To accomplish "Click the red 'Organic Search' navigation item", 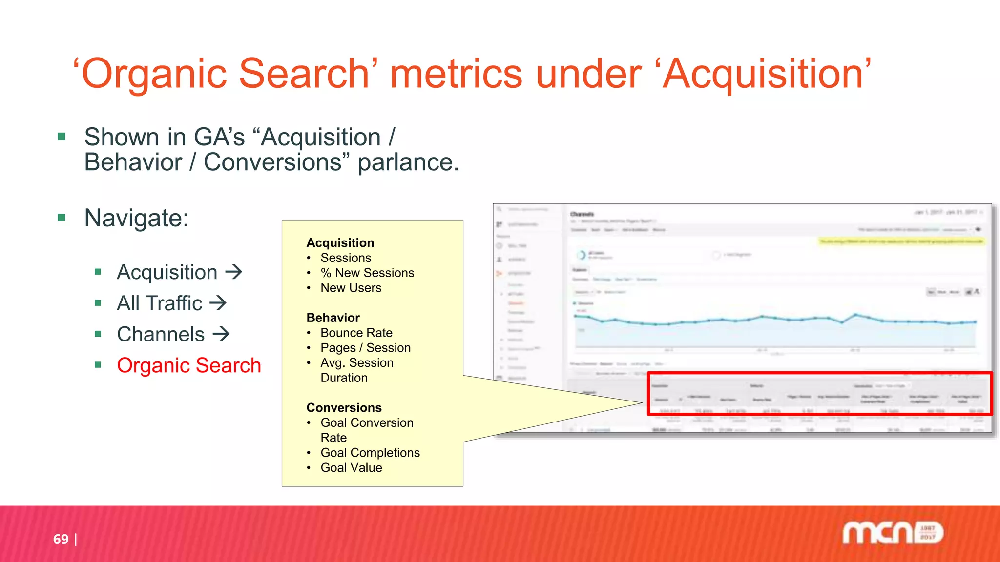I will click(x=189, y=365).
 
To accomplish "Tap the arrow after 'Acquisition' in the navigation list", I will click(x=234, y=272).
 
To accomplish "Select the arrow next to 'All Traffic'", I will click(x=218, y=303).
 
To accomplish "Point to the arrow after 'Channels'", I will click(x=221, y=334).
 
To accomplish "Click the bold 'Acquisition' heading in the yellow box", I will click(x=340, y=243).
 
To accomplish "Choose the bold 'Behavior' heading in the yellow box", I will click(x=333, y=318).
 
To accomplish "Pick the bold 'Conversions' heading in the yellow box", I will click(x=344, y=407).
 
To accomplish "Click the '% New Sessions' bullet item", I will click(x=367, y=273).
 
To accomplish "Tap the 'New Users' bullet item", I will click(x=351, y=288).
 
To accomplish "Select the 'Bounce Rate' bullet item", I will click(x=356, y=333).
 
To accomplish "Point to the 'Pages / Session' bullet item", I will click(x=365, y=348).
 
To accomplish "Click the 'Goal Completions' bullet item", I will click(x=370, y=453).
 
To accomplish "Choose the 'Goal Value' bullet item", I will click(x=351, y=468).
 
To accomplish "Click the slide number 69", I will click(x=61, y=539).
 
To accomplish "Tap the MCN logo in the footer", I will click(x=893, y=533).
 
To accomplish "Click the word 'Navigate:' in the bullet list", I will click(x=136, y=218).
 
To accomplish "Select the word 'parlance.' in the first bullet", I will click(x=408, y=162).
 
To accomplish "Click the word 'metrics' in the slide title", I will click(x=456, y=74).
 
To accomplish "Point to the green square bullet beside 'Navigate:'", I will click(x=62, y=218).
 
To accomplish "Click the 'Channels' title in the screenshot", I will click(x=582, y=214).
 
